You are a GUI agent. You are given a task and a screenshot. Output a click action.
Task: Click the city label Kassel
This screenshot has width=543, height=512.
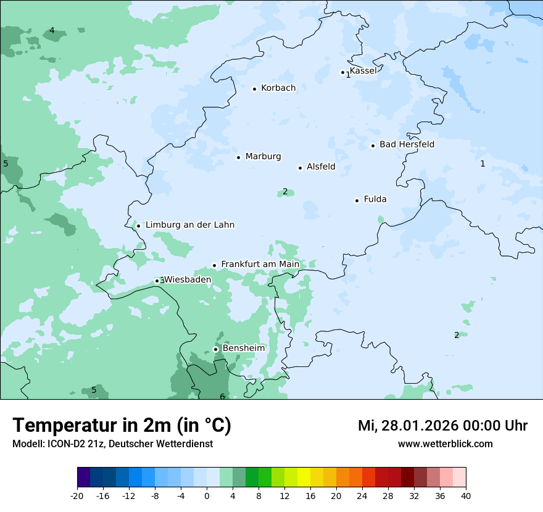[363, 70]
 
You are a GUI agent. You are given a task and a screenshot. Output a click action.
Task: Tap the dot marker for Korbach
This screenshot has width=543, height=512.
[254, 89]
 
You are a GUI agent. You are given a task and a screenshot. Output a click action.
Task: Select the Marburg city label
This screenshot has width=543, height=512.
[263, 157]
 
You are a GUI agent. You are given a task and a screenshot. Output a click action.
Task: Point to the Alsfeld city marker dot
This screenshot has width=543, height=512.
[301, 168]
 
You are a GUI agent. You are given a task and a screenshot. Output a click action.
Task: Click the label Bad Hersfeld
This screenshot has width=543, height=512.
[407, 144]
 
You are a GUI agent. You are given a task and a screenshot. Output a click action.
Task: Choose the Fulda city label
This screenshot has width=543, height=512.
[375, 199]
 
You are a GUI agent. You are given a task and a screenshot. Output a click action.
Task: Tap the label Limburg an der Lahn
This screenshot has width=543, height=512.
[189, 225]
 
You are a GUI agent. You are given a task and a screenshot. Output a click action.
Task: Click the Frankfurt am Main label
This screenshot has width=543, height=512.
[260, 265]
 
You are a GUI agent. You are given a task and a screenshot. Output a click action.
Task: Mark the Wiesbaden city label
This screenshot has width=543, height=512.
[188, 279]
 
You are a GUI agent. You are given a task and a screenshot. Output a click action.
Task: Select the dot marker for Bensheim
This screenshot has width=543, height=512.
[216, 349]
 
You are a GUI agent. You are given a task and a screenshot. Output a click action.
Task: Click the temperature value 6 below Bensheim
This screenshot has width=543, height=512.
[222, 396]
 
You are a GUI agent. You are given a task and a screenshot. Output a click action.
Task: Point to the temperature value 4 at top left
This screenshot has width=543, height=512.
[52, 31]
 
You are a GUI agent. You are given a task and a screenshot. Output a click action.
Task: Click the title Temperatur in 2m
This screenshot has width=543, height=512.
[122, 426]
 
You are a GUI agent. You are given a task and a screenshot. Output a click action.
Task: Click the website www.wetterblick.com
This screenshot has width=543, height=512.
[445, 444]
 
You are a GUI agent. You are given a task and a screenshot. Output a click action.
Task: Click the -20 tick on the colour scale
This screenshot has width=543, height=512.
[77, 496]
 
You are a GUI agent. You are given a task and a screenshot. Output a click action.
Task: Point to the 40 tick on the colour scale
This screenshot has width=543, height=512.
[465, 496]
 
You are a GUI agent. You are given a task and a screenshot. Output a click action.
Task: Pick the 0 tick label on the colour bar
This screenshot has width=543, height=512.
[207, 496]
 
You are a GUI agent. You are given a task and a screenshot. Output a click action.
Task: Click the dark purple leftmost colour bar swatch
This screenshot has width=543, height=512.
[84, 477]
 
